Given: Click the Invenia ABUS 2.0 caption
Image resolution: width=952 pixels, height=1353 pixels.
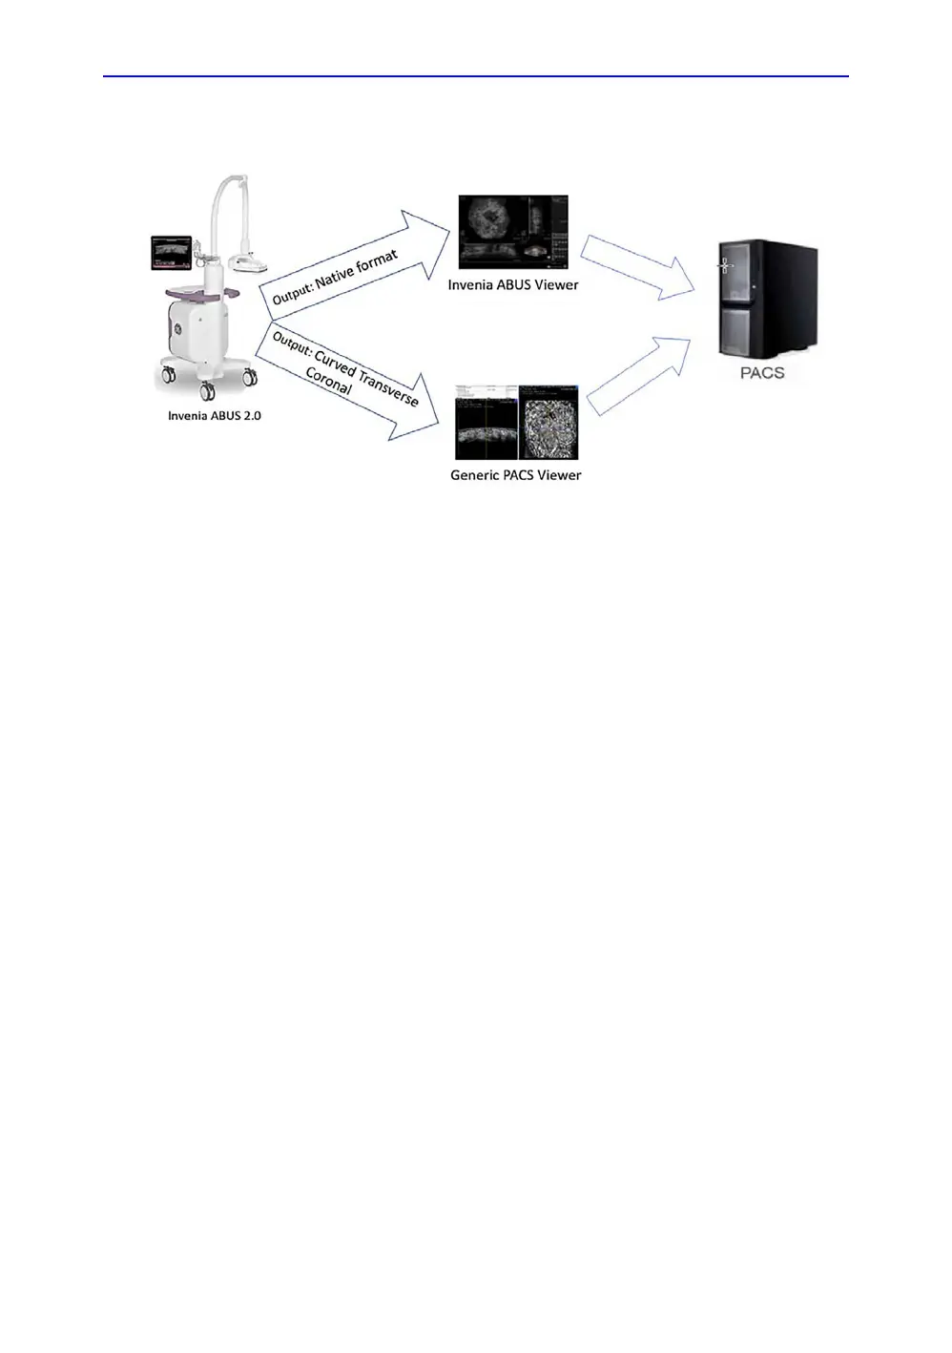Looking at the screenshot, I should point(214,416).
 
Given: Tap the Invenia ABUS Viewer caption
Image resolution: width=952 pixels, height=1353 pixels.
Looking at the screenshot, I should point(513,284).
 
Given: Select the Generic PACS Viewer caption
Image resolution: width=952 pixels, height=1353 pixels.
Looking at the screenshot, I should point(515,475).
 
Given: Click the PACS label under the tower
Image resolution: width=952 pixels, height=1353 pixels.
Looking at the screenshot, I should point(762,373).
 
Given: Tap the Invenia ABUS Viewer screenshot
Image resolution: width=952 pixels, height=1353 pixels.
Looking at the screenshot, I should point(513,233).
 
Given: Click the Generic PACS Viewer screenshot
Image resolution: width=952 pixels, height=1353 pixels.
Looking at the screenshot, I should point(516,422).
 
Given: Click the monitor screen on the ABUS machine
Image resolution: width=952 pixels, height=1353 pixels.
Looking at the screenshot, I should point(170,252).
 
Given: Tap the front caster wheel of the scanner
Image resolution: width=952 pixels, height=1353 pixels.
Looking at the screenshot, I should point(207,390).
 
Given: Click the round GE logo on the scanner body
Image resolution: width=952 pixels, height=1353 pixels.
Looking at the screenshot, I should point(176,330).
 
